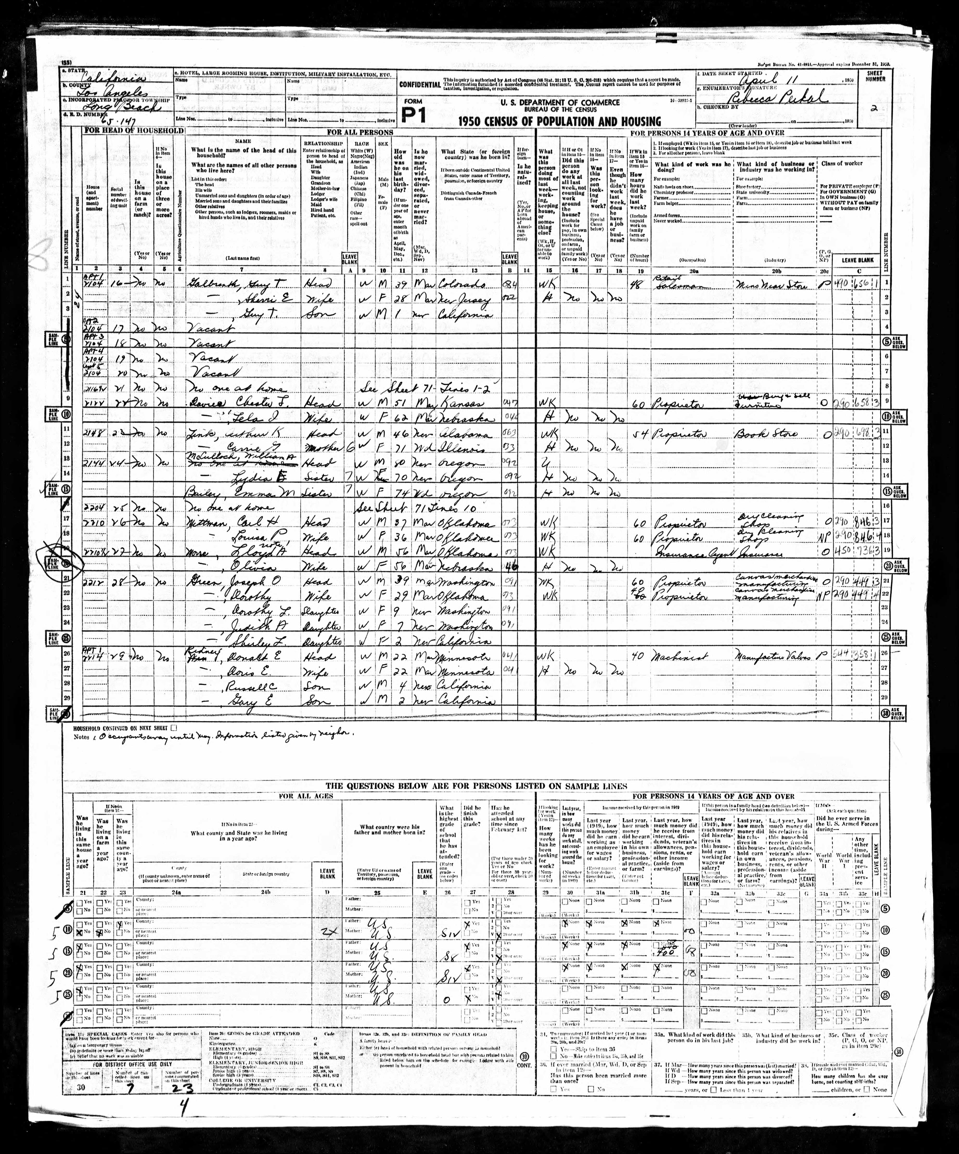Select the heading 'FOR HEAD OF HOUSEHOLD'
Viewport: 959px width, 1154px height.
coord(134,131)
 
